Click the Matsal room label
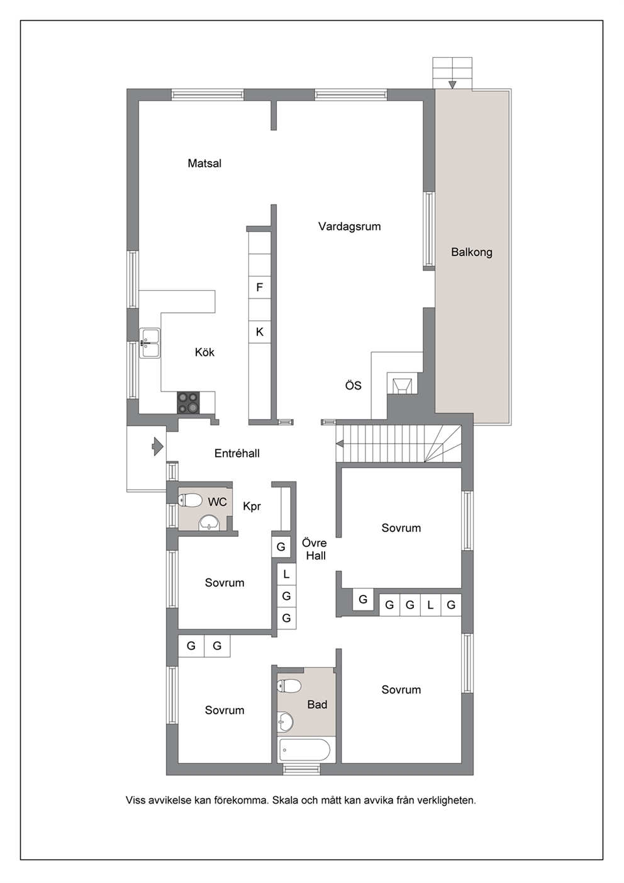click(204, 163)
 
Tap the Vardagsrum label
click(349, 227)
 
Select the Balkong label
click(472, 252)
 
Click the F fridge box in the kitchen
click(260, 288)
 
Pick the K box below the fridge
click(260, 332)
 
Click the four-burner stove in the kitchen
click(188, 402)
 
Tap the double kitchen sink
click(150, 343)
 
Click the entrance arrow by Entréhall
click(158, 447)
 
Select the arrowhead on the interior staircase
click(339, 444)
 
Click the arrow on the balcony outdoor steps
click(452, 84)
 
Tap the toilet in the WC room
click(190, 500)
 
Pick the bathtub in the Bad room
click(304, 750)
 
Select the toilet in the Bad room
click(289, 686)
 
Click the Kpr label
click(252, 507)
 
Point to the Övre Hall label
click(315, 549)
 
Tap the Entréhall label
click(237, 453)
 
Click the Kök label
click(204, 352)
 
